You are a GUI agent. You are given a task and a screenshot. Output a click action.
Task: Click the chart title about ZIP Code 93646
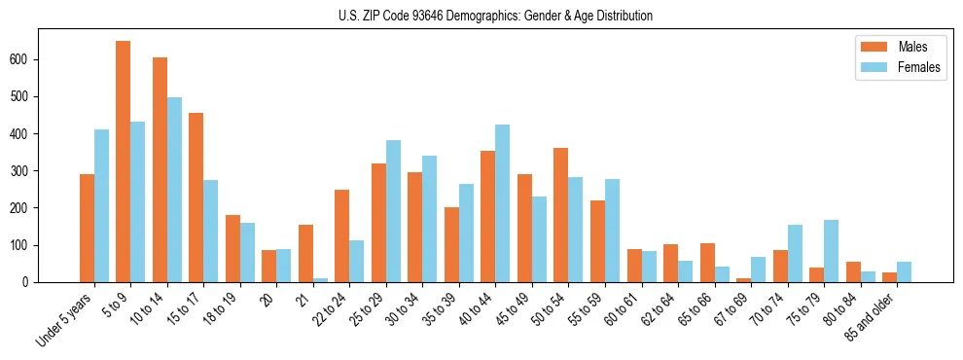click(481, 16)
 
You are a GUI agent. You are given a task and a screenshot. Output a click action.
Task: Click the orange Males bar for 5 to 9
click(124, 162)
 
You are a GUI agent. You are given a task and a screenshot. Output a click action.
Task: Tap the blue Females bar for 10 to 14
click(174, 190)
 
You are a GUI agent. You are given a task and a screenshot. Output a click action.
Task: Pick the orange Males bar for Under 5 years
click(87, 229)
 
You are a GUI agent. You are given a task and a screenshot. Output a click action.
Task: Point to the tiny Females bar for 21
click(320, 280)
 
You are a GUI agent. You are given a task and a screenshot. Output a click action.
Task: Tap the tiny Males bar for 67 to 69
click(743, 280)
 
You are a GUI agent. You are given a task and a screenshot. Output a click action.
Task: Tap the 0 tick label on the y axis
click(31, 282)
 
